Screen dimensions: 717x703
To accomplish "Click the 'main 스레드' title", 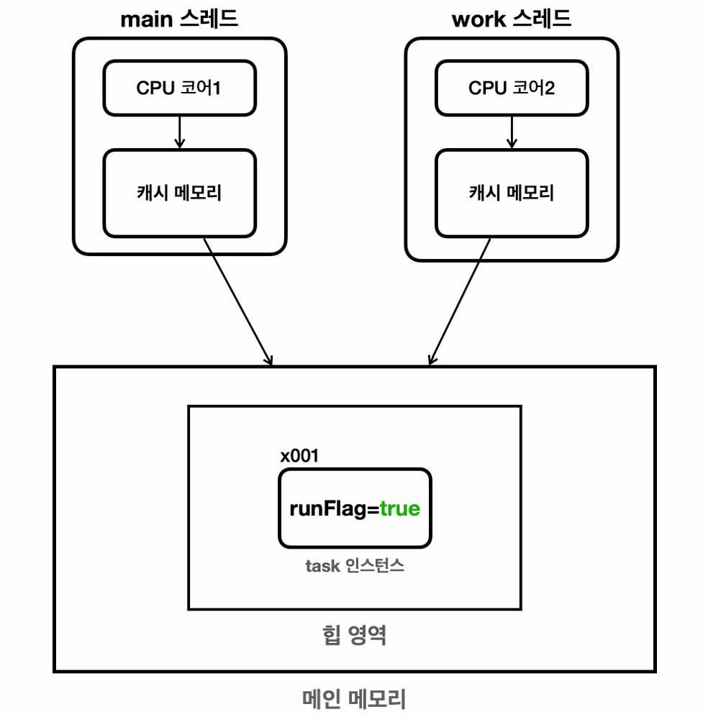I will tap(178, 19).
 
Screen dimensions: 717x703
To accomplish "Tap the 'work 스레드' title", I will tap(511, 19).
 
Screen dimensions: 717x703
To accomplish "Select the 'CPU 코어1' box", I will tap(178, 88).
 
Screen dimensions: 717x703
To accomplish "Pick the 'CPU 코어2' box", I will tap(511, 88).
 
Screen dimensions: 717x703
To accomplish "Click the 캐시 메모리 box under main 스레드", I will tap(178, 193).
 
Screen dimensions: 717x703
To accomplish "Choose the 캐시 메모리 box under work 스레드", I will tap(511, 193).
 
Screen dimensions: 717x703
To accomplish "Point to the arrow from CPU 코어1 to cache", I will tap(179, 132).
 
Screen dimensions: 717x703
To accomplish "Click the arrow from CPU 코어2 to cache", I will tap(512, 132).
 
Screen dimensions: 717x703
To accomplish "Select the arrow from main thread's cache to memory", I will tap(237, 301).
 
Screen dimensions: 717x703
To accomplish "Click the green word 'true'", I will tap(400, 509).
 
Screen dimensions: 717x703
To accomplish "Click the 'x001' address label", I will tap(299, 455).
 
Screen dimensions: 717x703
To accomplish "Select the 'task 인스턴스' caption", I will tap(354, 566).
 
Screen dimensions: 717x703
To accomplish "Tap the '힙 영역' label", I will tap(354, 636).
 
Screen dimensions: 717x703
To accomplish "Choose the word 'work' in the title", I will tap(479, 19).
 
